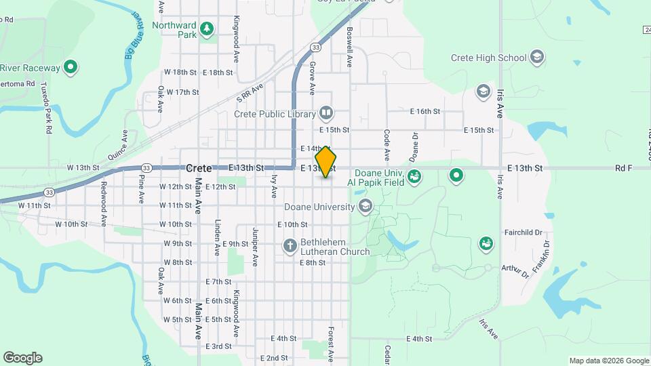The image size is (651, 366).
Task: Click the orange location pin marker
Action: (x=325, y=161)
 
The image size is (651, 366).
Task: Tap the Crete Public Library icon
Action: (x=326, y=113)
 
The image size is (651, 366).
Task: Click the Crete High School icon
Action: (x=538, y=57)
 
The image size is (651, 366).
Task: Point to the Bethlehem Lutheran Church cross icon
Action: (x=290, y=245)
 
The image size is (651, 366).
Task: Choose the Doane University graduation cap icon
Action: (x=366, y=206)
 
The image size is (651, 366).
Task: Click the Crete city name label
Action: (x=199, y=168)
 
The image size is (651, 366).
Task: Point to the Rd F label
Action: (x=623, y=167)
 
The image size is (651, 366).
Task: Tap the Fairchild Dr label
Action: (x=524, y=232)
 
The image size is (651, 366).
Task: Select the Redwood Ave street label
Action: (x=104, y=195)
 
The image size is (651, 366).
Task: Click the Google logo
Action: (x=22, y=358)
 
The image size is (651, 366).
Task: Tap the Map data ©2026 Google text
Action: (x=608, y=361)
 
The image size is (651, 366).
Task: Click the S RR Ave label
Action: (x=249, y=96)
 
